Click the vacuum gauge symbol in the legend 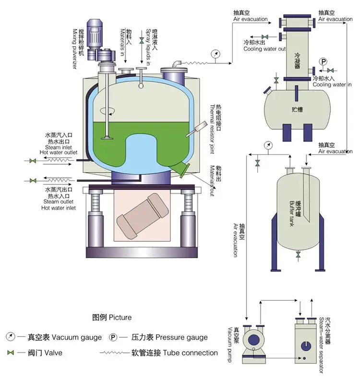[10, 337]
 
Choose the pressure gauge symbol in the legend [113, 337]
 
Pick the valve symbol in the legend [10, 353]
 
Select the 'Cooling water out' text [264, 49]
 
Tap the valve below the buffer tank [299, 253]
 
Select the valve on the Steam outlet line [33, 181]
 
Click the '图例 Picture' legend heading [111, 317]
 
